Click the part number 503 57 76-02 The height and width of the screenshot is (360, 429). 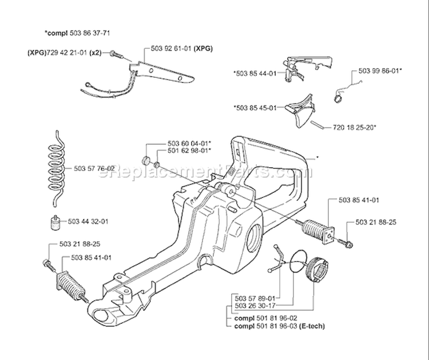pos(94,169)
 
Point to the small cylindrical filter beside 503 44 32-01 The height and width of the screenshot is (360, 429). pos(55,222)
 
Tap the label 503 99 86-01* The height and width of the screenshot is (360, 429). pos(380,70)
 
